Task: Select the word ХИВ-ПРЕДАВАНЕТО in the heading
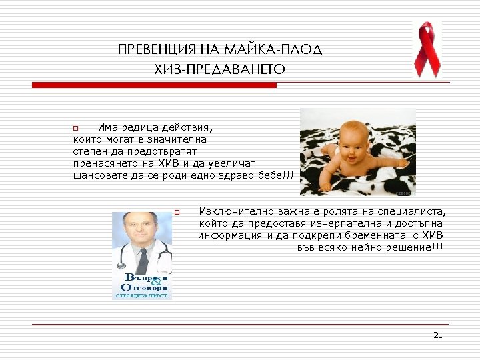click(x=219, y=69)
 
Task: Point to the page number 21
click(x=437, y=335)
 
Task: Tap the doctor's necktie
click(x=143, y=261)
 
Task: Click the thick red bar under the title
click(x=154, y=85)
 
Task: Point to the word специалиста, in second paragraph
click(x=413, y=211)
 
